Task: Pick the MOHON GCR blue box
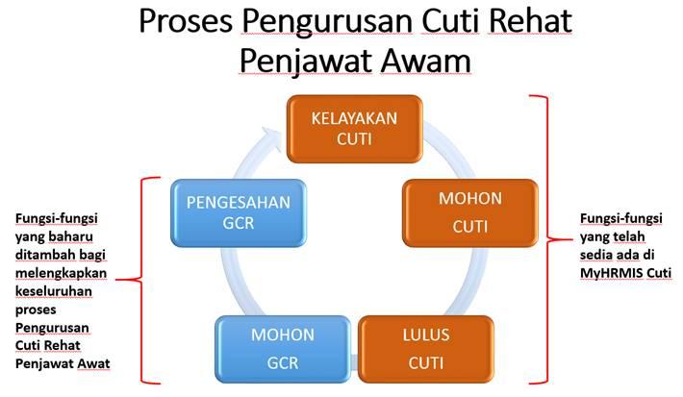coord(282,348)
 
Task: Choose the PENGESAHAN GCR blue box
coord(239,212)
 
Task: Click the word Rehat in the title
coord(532,21)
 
